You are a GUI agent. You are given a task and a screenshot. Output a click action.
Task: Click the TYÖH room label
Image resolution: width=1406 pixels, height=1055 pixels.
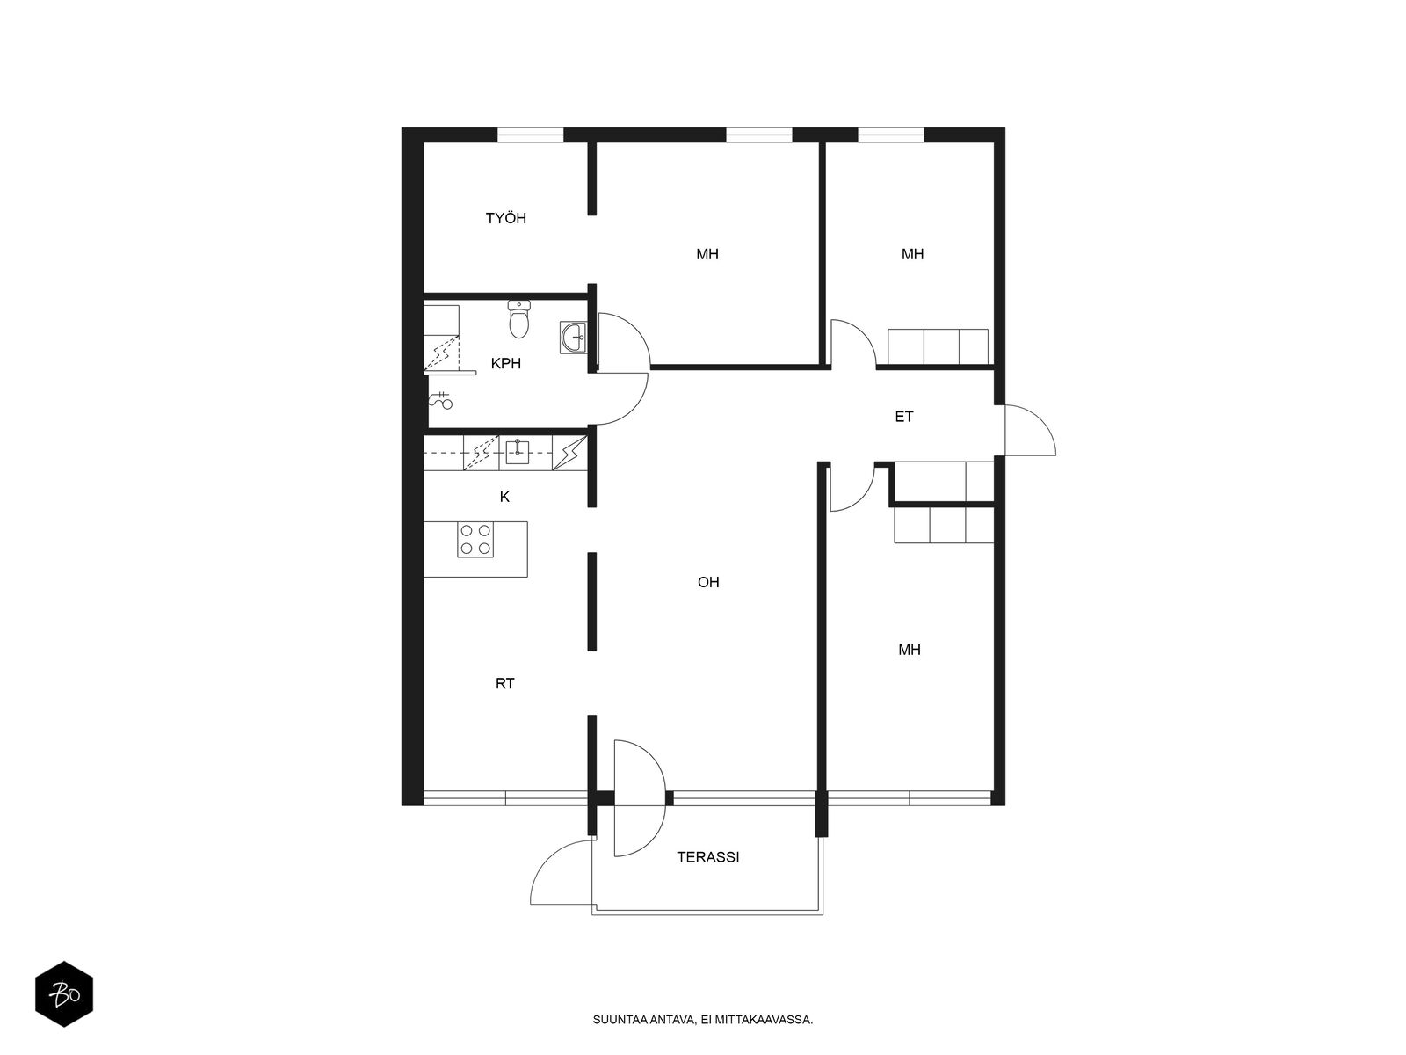(505, 218)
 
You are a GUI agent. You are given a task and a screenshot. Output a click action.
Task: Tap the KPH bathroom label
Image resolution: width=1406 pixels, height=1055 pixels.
(505, 364)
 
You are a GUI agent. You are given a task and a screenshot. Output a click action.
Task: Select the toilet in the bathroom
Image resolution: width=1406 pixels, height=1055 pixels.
(518, 319)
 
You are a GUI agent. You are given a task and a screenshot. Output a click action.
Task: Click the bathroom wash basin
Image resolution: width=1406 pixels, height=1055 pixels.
(573, 337)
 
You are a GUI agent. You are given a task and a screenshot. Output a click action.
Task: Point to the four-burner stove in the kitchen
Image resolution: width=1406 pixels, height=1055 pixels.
(475, 540)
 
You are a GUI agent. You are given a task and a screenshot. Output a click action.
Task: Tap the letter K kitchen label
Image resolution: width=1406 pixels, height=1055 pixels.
(504, 497)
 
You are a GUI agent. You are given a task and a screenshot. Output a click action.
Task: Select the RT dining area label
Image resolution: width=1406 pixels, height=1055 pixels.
(504, 683)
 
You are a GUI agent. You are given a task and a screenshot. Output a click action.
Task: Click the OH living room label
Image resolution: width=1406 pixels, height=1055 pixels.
(707, 582)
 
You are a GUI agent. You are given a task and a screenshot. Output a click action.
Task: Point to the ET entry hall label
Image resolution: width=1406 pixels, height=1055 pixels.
(904, 417)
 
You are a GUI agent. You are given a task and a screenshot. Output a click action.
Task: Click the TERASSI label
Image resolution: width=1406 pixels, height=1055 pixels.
(707, 857)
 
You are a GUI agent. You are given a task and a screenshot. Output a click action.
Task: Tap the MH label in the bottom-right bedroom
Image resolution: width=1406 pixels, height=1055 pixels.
(909, 651)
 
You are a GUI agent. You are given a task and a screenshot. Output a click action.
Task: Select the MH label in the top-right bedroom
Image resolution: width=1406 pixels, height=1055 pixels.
(912, 254)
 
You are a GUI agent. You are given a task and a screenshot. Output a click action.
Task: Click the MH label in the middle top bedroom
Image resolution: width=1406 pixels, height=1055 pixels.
(707, 254)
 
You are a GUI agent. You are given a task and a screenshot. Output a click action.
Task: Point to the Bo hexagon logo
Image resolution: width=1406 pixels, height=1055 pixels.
(64, 995)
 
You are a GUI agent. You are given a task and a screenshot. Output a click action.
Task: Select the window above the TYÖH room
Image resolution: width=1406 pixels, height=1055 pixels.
(531, 135)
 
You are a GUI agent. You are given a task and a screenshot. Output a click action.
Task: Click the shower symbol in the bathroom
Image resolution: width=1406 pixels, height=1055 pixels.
(441, 400)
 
